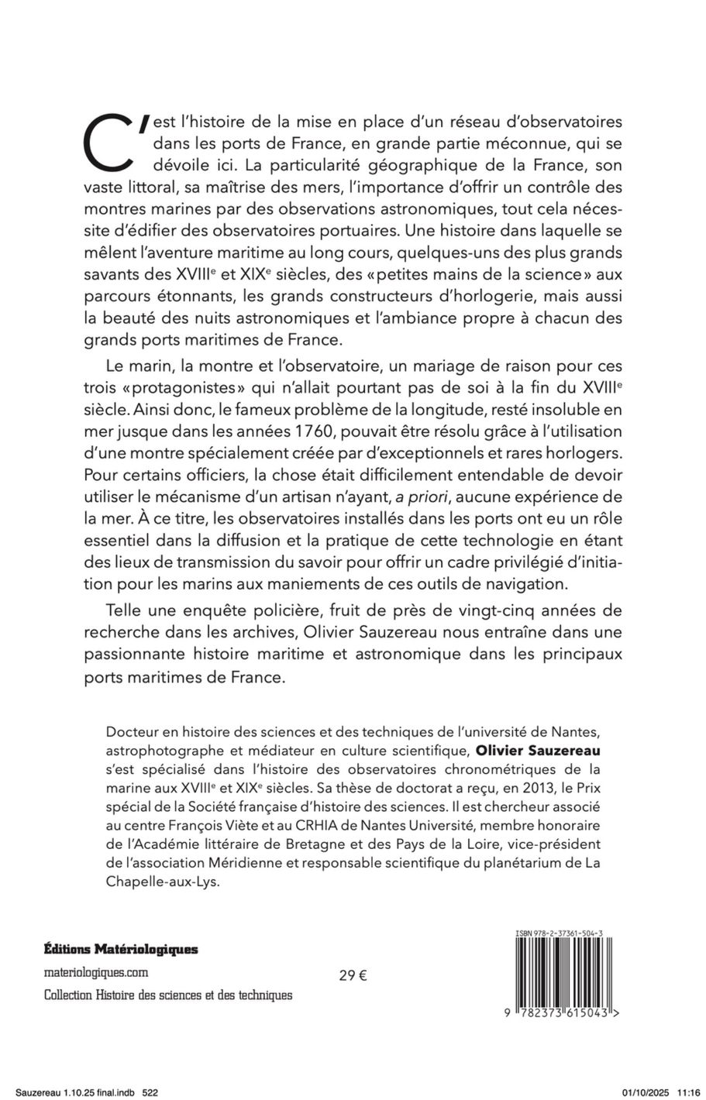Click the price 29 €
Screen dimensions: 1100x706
[353, 975]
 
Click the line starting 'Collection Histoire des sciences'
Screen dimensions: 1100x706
[168, 995]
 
